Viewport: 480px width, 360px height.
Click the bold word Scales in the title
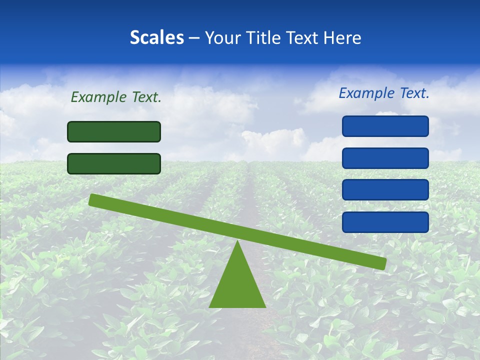pos(157,37)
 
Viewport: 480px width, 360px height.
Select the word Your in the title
pos(223,37)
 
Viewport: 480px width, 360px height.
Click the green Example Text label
pos(116,97)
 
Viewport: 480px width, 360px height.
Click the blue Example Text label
pos(384,93)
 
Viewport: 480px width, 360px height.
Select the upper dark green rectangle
pos(114,131)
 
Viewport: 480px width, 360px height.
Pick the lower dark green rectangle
pos(114,163)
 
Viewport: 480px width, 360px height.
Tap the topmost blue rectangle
pos(385,126)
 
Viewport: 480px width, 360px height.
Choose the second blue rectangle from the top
pos(385,158)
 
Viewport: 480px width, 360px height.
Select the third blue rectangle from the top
pos(385,190)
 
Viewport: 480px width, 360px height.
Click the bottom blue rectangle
pos(385,222)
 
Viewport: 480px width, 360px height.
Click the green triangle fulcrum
pos(237,285)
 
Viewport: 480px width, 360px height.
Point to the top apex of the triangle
pos(237,241)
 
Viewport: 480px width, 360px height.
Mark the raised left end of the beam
pos(93,199)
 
